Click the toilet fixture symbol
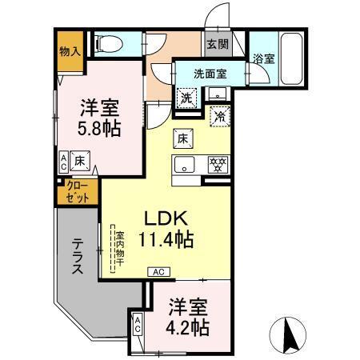tap(106, 44)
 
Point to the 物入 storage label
tap(70, 50)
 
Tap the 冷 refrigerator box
tap(218, 115)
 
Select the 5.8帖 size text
tap(101, 127)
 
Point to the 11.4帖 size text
tap(168, 238)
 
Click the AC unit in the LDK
tap(158, 272)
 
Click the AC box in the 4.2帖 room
tap(138, 325)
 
